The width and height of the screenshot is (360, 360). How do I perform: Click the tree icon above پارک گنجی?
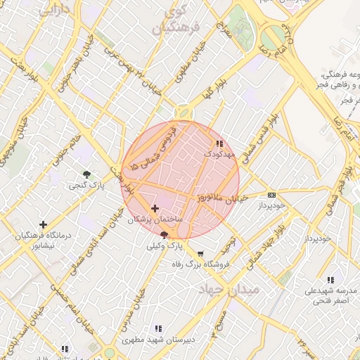pyautogui.click(x=86, y=174)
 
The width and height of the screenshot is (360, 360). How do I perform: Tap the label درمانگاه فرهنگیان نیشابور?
pyautogui.click(x=44, y=241)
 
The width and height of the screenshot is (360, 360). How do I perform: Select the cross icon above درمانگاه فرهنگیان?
pyautogui.click(x=44, y=224)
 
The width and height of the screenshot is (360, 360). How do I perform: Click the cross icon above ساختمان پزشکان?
pyautogui.click(x=155, y=209)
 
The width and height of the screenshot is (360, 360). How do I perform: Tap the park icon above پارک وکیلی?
pyautogui.click(x=165, y=235)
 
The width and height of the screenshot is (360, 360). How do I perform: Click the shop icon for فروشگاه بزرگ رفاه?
pyautogui.click(x=201, y=254)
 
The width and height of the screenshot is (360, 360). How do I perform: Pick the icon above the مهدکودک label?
pyautogui.click(x=221, y=143)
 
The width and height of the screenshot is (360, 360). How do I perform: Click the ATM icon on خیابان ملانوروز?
pyautogui.click(x=271, y=195)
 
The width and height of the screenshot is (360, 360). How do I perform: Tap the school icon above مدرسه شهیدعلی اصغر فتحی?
pyautogui.click(x=330, y=280)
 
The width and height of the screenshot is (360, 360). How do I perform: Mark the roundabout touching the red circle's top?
pyautogui.click(x=184, y=112)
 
